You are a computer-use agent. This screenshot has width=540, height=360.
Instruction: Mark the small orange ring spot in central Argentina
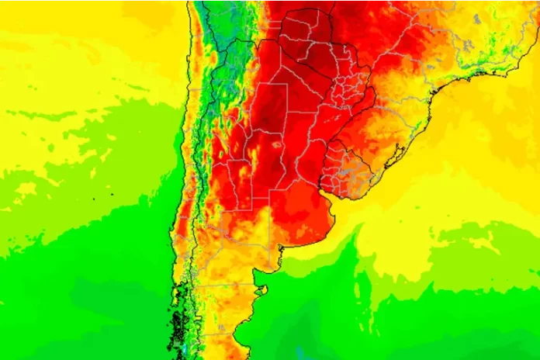(275, 143)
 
